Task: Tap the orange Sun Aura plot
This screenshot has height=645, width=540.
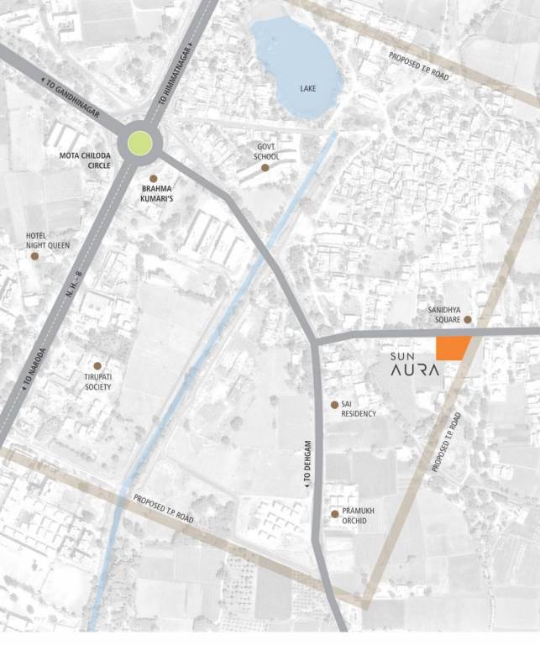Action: point(451,347)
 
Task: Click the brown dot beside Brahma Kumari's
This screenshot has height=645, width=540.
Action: point(154,179)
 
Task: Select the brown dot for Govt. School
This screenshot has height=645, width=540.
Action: point(265,168)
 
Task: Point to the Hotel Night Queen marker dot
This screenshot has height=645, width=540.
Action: point(34,255)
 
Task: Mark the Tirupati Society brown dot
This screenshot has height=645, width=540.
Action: point(97,366)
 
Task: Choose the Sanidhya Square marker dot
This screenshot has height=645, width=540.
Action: point(468,320)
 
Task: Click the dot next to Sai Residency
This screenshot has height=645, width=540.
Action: point(334,405)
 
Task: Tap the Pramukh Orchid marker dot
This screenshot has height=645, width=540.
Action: point(334,514)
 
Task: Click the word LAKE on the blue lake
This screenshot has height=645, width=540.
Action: point(309,88)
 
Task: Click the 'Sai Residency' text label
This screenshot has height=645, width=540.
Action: point(353,409)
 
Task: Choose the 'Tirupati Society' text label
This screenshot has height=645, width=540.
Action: point(97,382)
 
